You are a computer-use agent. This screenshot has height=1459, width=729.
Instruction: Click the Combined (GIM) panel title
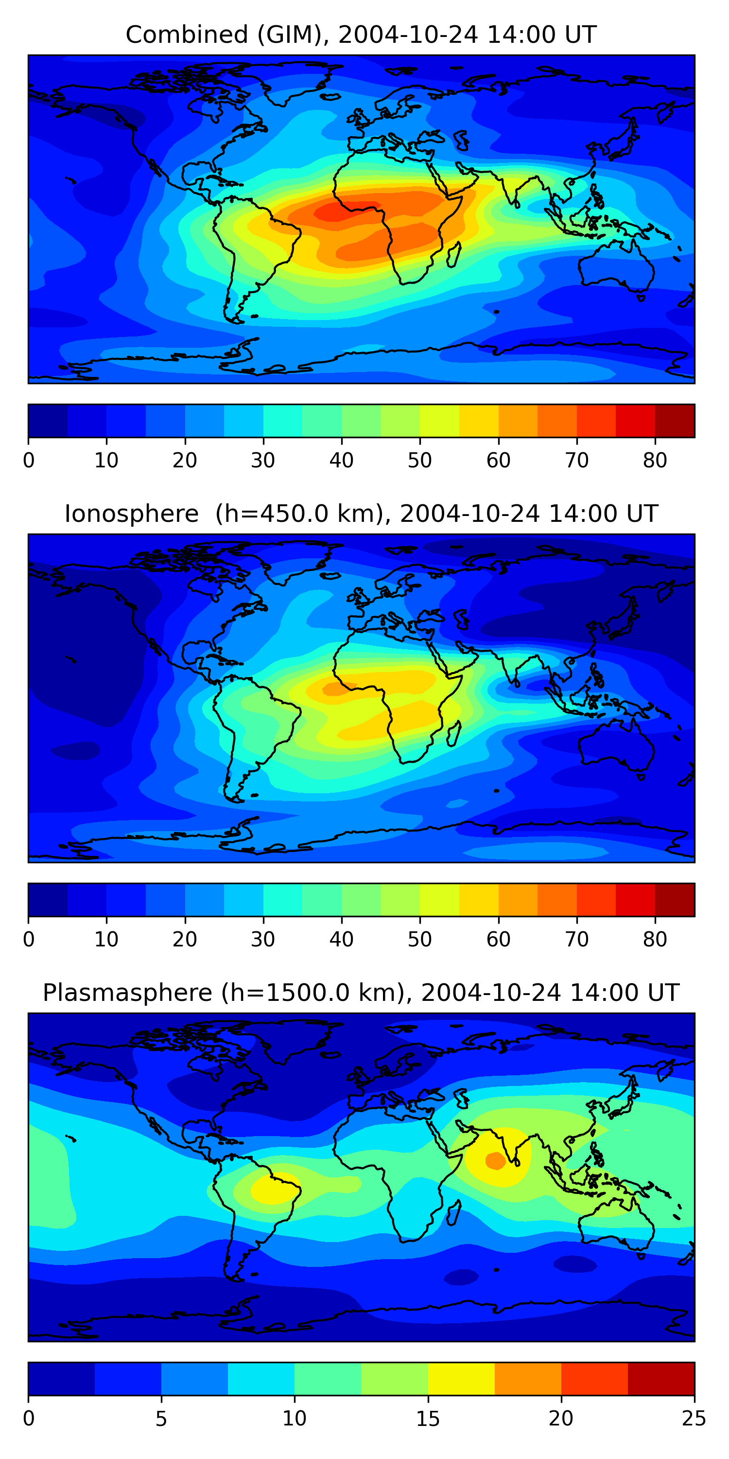361,35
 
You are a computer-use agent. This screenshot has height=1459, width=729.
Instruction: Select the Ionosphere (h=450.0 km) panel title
361,514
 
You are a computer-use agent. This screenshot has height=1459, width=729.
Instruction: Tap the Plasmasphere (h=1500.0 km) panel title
361,993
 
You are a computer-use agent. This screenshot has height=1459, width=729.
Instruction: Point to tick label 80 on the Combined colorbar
655,461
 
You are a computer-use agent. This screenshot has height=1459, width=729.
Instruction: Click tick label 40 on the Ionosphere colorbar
341,940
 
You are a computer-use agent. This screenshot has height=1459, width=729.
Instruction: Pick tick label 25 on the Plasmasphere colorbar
694,1419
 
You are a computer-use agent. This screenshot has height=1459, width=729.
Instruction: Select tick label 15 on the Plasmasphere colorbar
428,1419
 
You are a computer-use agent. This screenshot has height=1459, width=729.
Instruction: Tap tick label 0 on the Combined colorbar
29,461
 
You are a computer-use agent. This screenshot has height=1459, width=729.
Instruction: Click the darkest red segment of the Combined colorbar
675,421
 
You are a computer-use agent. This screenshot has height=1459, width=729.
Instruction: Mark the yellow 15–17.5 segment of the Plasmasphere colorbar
461,1379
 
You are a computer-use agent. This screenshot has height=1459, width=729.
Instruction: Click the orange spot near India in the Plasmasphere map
495,1160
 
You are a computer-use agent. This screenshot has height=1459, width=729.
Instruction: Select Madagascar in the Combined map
453,255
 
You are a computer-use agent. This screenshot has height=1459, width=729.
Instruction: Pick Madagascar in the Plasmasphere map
453,1213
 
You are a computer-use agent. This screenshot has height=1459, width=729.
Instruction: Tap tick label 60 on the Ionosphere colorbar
498,940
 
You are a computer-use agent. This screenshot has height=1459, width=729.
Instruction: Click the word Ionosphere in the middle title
131,514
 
